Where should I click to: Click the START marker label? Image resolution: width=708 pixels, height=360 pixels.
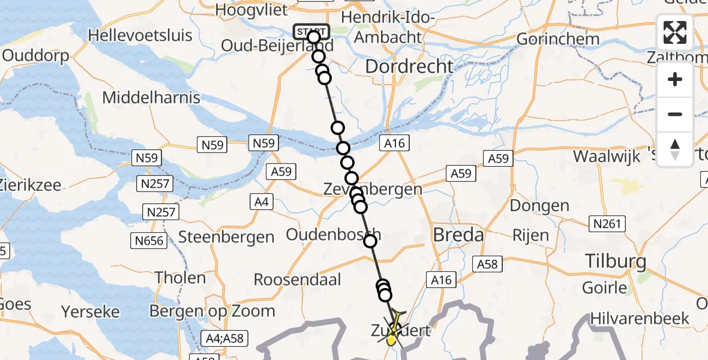[x=311, y=31]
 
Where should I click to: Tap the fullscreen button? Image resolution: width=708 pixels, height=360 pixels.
[x=675, y=32]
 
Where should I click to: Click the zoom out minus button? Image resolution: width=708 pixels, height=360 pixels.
[x=675, y=114]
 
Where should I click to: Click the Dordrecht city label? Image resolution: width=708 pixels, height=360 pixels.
[x=409, y=66]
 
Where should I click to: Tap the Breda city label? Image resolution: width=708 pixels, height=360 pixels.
[x=458, y=235]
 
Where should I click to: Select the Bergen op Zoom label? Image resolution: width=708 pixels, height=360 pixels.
[x=212, y=311]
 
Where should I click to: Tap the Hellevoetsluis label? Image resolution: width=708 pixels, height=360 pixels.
[x=140, y=35]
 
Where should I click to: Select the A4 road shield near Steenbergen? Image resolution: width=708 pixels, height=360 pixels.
[x=262, y=202]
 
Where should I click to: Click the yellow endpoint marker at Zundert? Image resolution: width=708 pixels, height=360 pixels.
[x=391, y=341]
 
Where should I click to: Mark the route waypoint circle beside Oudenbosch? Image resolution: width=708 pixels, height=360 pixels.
[x=370, y=241]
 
